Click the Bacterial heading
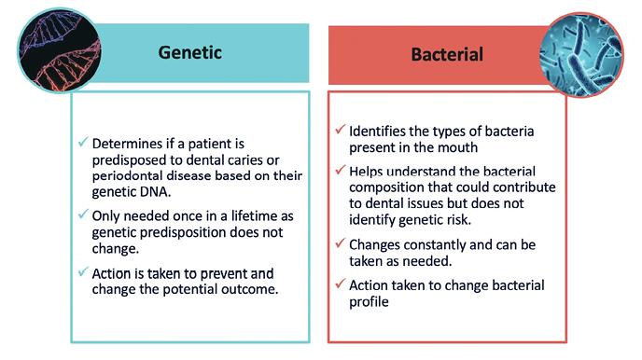coord(447,55)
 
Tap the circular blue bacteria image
coord(581,53)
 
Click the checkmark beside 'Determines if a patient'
coord(83,144)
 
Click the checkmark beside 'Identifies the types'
coord(341,129)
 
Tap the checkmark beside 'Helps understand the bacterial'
coord(341,172)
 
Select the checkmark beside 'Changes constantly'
coord(341,242)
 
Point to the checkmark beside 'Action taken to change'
coord(341,285)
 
